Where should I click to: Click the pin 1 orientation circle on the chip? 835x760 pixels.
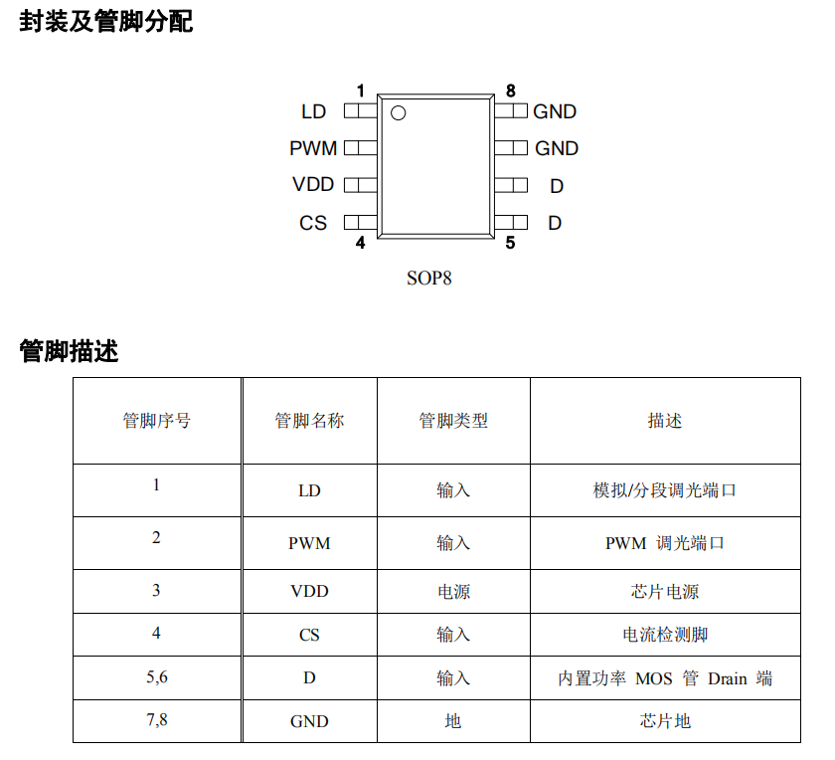coord(399,113)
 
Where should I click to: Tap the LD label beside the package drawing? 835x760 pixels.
coord(314,112)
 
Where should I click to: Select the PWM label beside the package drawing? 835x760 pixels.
coord(313,148)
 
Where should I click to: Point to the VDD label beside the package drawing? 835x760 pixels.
coord(313,185)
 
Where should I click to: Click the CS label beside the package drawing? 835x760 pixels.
coord(313,223)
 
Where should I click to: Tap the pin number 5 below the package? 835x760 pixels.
coord(510,242)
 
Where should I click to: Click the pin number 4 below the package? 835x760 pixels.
coord(360,242)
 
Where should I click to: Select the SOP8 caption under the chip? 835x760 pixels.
coord(429,278)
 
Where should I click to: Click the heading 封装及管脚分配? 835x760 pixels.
coord(106,22)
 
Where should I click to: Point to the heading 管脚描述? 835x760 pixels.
coord(69,351)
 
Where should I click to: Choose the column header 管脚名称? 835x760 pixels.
coord(309,421)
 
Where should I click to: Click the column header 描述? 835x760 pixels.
coord(665,421)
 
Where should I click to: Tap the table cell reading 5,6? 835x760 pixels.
coord(156,676)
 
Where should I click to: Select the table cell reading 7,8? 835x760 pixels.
coord(156,719)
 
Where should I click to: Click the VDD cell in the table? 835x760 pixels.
coord(309,591)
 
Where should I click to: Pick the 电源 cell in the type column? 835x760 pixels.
coord(453,591)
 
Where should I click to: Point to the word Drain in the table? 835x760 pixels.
coord(728,678)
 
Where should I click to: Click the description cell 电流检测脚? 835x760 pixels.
coord(665,635)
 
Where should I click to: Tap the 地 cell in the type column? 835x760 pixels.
coord(453,721)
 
